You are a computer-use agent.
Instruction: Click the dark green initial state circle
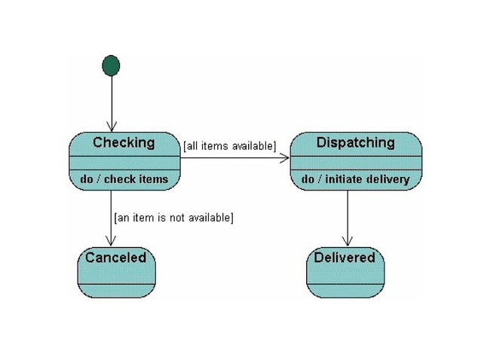[x=111, y=66]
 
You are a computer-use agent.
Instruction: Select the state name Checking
[x=124, y=142]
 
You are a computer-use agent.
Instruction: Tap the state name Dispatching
[x=355, y=142]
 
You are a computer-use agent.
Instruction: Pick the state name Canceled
[x=116, y=258]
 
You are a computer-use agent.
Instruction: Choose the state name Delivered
[x=345, y=258]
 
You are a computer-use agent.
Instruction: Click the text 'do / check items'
[x=124, y=179]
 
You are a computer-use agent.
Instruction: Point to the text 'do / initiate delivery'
[x=355, y=179]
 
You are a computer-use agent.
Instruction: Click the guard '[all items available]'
[x=230, y=145]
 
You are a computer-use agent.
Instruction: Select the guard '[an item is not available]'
[x=173, y=218]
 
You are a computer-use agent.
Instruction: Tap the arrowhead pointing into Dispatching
[x=285, y=158]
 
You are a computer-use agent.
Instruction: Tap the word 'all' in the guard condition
[x=192, y=145]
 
